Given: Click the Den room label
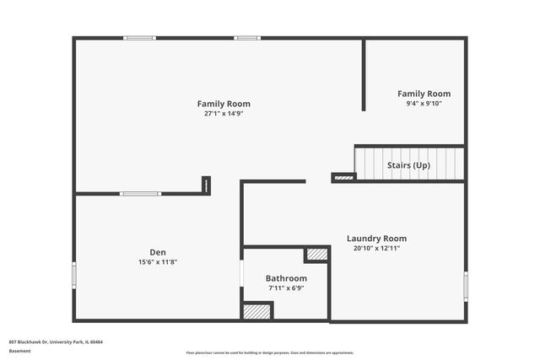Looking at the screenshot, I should (158, 252).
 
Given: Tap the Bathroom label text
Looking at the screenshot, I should (286, 278).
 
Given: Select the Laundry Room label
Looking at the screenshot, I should (376, 239).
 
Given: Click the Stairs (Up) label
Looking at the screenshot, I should (408, 165).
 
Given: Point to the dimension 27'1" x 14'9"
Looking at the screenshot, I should (224, 113).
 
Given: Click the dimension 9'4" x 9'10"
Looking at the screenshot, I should (424, 104).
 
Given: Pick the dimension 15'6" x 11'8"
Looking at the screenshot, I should (158, 261).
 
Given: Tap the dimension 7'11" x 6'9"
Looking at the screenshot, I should (286, 287).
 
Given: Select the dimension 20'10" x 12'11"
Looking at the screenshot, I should (376, 248).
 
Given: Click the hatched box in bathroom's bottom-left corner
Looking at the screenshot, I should (257, 310).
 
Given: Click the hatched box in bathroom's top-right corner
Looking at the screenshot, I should (316, 254).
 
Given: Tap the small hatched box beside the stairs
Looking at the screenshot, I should (343, 177).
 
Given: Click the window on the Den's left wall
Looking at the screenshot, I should (74, 275).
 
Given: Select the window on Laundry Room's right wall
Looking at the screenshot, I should (465, 286).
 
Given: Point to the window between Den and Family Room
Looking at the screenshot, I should (140, 194).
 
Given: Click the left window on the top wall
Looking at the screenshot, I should (139, 38).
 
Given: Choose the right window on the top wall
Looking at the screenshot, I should (247, 38).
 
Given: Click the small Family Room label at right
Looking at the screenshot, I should (424, 94).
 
